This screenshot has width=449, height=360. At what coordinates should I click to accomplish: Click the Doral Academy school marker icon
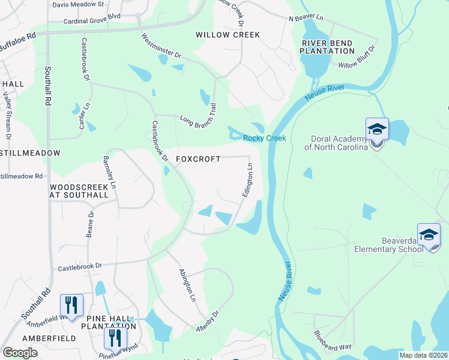coord(377,130)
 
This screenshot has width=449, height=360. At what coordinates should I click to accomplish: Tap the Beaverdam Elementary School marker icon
coord(429,235)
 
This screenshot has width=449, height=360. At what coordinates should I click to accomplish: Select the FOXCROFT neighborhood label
coord(198,159)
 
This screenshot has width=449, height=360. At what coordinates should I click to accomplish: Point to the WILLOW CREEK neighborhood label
coord(228,35)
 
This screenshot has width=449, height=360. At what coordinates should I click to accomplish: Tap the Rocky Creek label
coord(264,139)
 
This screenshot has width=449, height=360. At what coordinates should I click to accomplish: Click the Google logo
coord(20,353)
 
